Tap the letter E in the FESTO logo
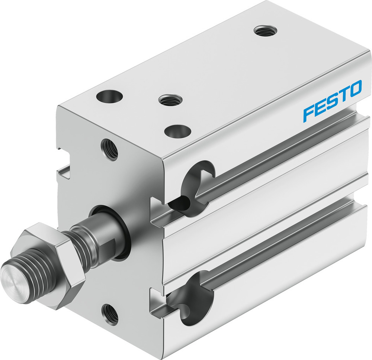[x=321, y=107]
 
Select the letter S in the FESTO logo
[x=333, y=101]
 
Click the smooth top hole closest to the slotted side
[x=177, y=131]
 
